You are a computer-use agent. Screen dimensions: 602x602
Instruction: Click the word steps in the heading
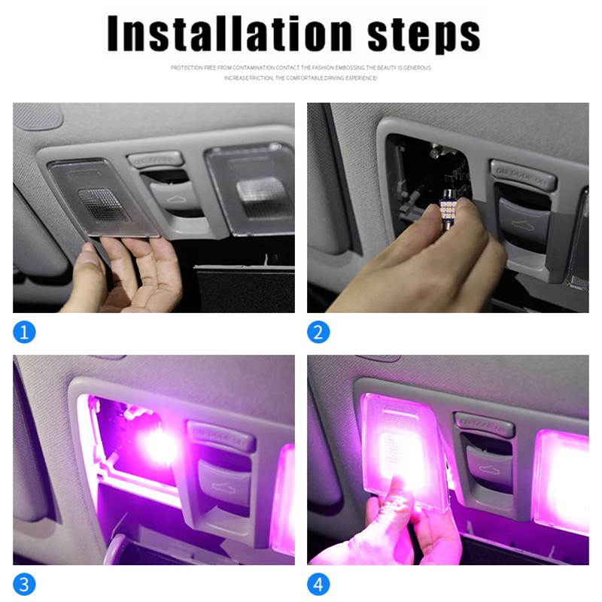point(424,35)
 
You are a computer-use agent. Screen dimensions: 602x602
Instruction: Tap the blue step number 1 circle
point(25,332)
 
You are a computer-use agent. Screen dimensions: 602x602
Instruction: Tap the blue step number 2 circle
point(318,332)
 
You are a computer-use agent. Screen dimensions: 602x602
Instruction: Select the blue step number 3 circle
point(25,584)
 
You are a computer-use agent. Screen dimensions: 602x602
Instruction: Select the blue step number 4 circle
point(318,584)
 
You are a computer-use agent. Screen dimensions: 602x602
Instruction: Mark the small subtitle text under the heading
point(300,72)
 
